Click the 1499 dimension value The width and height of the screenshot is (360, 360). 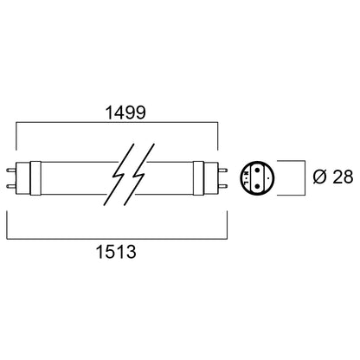[125, 112]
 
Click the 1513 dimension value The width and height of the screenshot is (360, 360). [116, 252]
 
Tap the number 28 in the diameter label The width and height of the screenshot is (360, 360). [343, 177]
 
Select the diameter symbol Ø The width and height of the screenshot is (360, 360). [320, 177]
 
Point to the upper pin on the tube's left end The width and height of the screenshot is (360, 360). [11, 170]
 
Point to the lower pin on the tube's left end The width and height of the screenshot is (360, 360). [11, 186]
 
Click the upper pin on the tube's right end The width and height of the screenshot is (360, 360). [222, 170]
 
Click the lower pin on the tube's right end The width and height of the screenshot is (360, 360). [222, 186]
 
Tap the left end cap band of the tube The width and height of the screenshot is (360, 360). [35, 178]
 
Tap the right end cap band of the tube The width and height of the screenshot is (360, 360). [198, 178]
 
